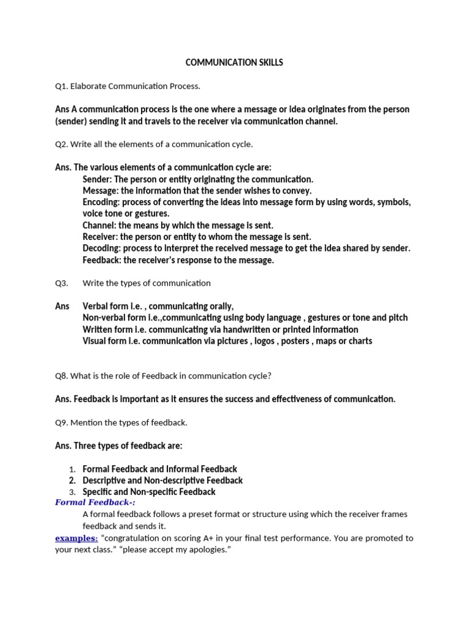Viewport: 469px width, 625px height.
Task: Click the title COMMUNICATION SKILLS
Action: point(234,62)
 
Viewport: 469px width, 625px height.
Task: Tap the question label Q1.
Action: point(61,86)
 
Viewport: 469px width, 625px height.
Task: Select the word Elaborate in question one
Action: point(89,86)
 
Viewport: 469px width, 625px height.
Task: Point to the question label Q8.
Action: point(61,376)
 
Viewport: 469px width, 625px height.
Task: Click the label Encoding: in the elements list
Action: point(101,202)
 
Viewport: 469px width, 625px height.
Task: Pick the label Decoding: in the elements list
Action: point(102,248)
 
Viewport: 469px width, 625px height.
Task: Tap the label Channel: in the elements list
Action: point(99,225)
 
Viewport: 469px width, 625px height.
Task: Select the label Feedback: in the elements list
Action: point(102,260)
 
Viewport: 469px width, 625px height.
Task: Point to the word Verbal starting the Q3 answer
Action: point(96,306)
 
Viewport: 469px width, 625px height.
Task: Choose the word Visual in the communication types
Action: point(95,341)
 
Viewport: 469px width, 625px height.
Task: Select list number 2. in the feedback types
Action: point(72,480)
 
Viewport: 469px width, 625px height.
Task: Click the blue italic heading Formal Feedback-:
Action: point(95,502)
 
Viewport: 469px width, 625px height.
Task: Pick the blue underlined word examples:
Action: point(76,538)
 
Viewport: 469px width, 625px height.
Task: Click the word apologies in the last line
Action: point(206,549)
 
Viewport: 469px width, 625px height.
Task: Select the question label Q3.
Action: point(61,283)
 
